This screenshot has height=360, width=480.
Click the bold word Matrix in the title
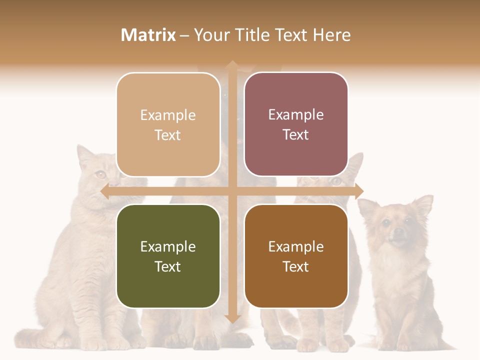(x=148, y=35)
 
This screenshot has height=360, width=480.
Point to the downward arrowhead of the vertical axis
(x=232, y=318)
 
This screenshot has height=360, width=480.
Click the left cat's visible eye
(x=101, y=174)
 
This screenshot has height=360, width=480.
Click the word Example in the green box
(x=168, y=246)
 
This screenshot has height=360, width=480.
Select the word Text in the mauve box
(x=296, y=134)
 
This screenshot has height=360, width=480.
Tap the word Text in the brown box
(x=296, y=266)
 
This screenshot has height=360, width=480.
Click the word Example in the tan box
(x=168, y=115)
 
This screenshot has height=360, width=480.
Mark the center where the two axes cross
(x=232, y=191)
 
